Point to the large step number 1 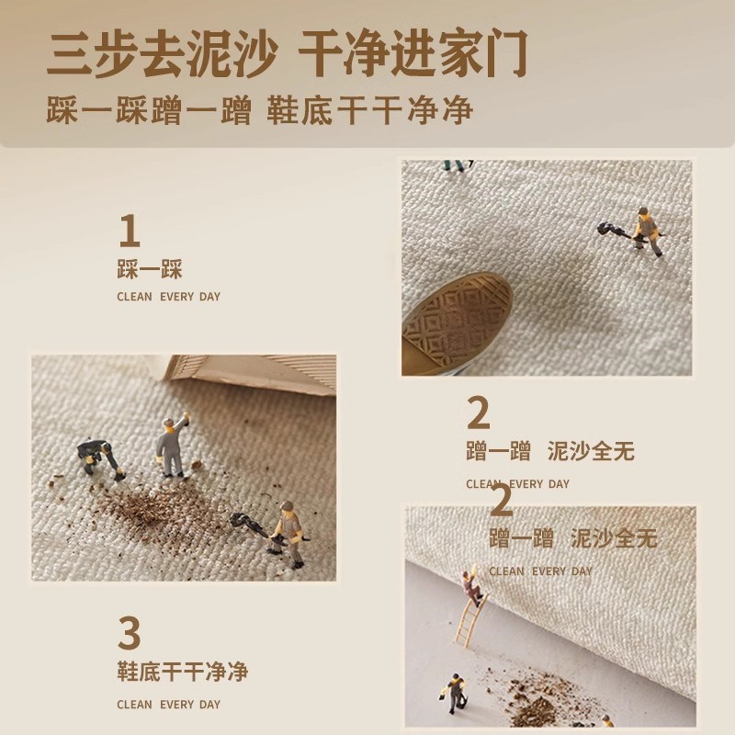click(130, 232)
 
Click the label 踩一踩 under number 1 click(150, 270)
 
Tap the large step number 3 click(130, 634)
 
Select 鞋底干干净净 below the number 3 click(182, 672)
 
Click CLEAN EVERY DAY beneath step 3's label click(168, 705)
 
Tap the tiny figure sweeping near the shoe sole click(643, 232)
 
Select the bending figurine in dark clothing click(97, 458)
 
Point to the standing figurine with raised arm click(170, 447)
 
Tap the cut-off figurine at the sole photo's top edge click(453, 166)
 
